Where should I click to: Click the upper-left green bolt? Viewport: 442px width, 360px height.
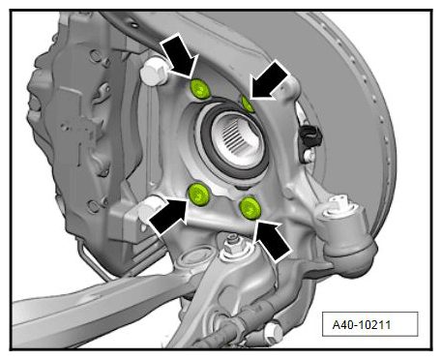[200, 89]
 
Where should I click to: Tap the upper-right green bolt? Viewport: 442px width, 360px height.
[248, 104]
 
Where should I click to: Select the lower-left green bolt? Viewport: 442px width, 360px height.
[199, 194]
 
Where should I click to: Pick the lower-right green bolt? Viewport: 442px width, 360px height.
[250, 207]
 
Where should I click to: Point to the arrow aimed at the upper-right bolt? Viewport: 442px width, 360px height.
[269, 80]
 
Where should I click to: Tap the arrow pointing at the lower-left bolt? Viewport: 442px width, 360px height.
[168, 215]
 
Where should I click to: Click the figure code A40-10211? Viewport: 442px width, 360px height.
[362, 324]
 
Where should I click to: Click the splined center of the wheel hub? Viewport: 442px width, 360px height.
[238, 137]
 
